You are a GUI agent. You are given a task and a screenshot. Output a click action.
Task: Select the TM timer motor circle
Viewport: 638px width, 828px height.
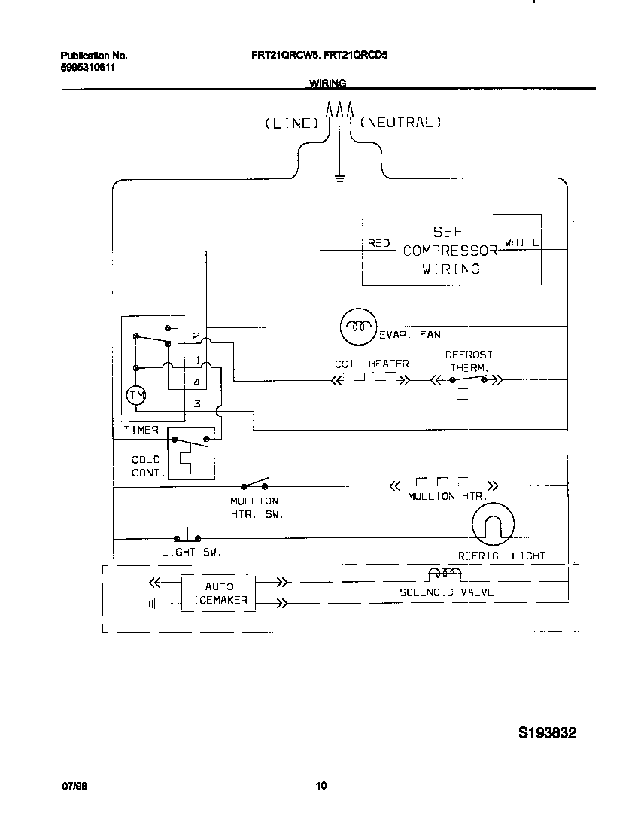pos(136,395)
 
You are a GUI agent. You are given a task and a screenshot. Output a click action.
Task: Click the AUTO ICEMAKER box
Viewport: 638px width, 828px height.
pos(218,594)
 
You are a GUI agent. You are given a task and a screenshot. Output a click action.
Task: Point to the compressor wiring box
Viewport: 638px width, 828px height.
pos(451,250)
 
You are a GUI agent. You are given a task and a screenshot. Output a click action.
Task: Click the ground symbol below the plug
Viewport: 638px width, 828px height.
pos(339,179)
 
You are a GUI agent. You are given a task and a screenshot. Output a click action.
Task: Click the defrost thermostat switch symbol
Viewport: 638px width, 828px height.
pos(468,380)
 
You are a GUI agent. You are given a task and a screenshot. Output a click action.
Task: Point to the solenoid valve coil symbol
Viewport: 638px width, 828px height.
pos(444,576)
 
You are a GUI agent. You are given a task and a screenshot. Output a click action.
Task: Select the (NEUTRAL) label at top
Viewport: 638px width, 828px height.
pos(400,122)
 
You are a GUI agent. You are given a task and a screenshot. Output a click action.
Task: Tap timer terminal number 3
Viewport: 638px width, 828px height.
pos(197,404)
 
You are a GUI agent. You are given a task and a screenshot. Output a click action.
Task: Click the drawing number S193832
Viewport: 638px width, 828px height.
pos(547,732)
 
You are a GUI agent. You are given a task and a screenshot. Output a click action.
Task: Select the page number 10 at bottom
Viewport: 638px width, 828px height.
pos(321,787)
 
